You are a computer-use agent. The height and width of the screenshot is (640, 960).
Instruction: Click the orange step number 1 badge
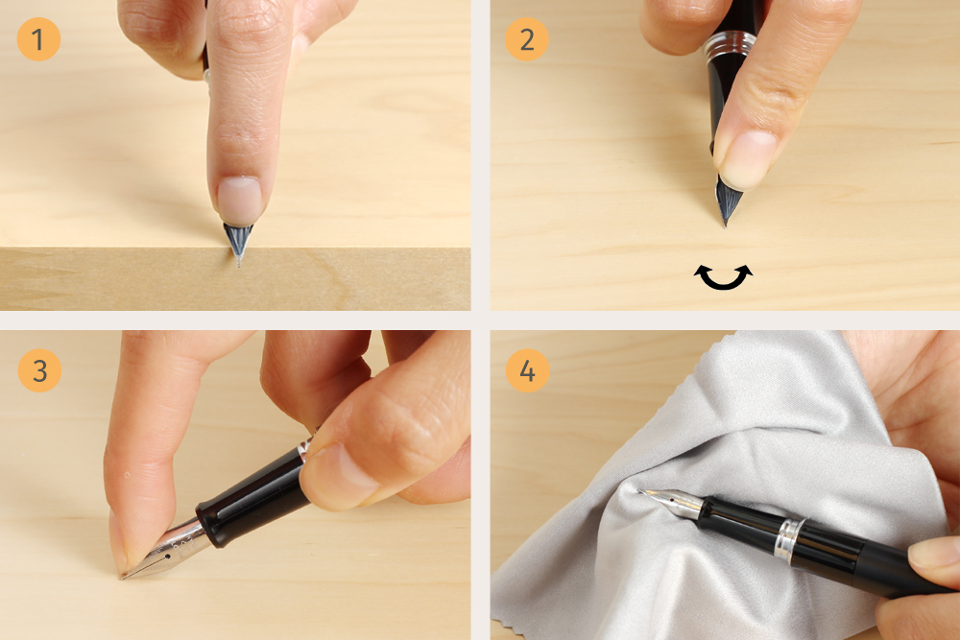pos(38,39)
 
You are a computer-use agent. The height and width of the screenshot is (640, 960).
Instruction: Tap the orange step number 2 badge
pos(526,39)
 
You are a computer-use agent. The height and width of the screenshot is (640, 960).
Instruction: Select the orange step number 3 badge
pos(39,370)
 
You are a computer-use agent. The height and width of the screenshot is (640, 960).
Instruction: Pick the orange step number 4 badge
pos(528,370)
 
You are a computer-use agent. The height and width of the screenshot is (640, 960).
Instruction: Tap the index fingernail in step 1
pos(240,197)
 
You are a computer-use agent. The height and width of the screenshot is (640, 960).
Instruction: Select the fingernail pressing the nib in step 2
pos(746,157)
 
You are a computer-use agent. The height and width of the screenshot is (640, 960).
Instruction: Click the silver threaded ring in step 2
pos(730,45)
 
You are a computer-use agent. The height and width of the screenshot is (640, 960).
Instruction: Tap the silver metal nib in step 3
pos(164,551)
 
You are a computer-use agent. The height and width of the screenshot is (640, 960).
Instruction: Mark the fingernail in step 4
pos(934,553)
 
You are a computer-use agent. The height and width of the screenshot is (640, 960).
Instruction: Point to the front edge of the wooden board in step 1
pos(235,278)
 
